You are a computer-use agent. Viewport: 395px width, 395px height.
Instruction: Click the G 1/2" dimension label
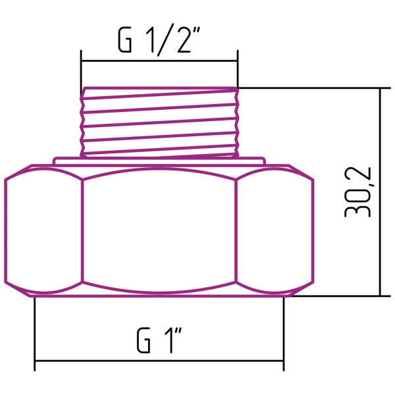[159, 41]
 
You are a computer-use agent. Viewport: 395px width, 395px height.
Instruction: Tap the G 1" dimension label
[159, 340]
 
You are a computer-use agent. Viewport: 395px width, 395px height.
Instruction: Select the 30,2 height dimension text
[358, 192]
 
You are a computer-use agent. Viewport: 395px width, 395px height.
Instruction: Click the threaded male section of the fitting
[159, 122]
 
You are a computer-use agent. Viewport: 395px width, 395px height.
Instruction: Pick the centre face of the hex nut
[159, 227]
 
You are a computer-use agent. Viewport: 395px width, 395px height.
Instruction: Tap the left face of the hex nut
[43, 227]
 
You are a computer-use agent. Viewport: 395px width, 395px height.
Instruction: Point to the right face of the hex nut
[274, 227]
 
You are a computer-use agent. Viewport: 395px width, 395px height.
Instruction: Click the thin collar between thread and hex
[159, 159]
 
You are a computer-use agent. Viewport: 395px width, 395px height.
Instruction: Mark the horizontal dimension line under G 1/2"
[159, 61]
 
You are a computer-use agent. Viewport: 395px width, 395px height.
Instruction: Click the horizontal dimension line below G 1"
[159, 361]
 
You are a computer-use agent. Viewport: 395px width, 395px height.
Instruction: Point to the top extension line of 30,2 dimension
[309, 88]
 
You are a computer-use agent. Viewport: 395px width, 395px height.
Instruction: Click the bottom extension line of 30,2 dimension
[336, 296]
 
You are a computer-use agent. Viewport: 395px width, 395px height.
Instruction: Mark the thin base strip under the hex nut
[159, 294]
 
